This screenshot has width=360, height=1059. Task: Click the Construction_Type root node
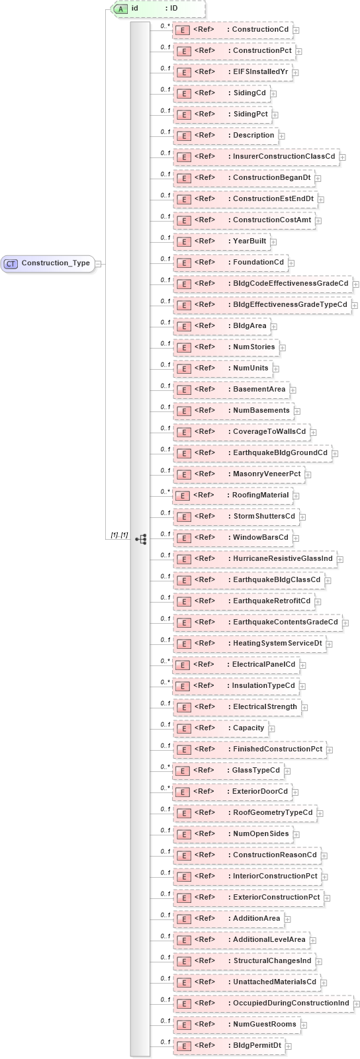pos(48,263)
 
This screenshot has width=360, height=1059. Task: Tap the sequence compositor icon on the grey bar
pos(140,539)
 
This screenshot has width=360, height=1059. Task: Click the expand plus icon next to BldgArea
pos(274,326)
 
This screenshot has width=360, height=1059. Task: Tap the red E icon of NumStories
pos(184,347)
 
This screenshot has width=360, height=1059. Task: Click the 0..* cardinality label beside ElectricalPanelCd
pos(165,661)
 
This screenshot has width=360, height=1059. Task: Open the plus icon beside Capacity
pos(272,728)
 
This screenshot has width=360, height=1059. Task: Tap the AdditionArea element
pos(229,919)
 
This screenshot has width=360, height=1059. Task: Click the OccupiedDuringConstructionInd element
pos(262,1003)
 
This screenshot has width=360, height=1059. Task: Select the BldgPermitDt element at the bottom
pos(229,1046)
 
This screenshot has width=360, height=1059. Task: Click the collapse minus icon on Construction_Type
pos(98,263)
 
